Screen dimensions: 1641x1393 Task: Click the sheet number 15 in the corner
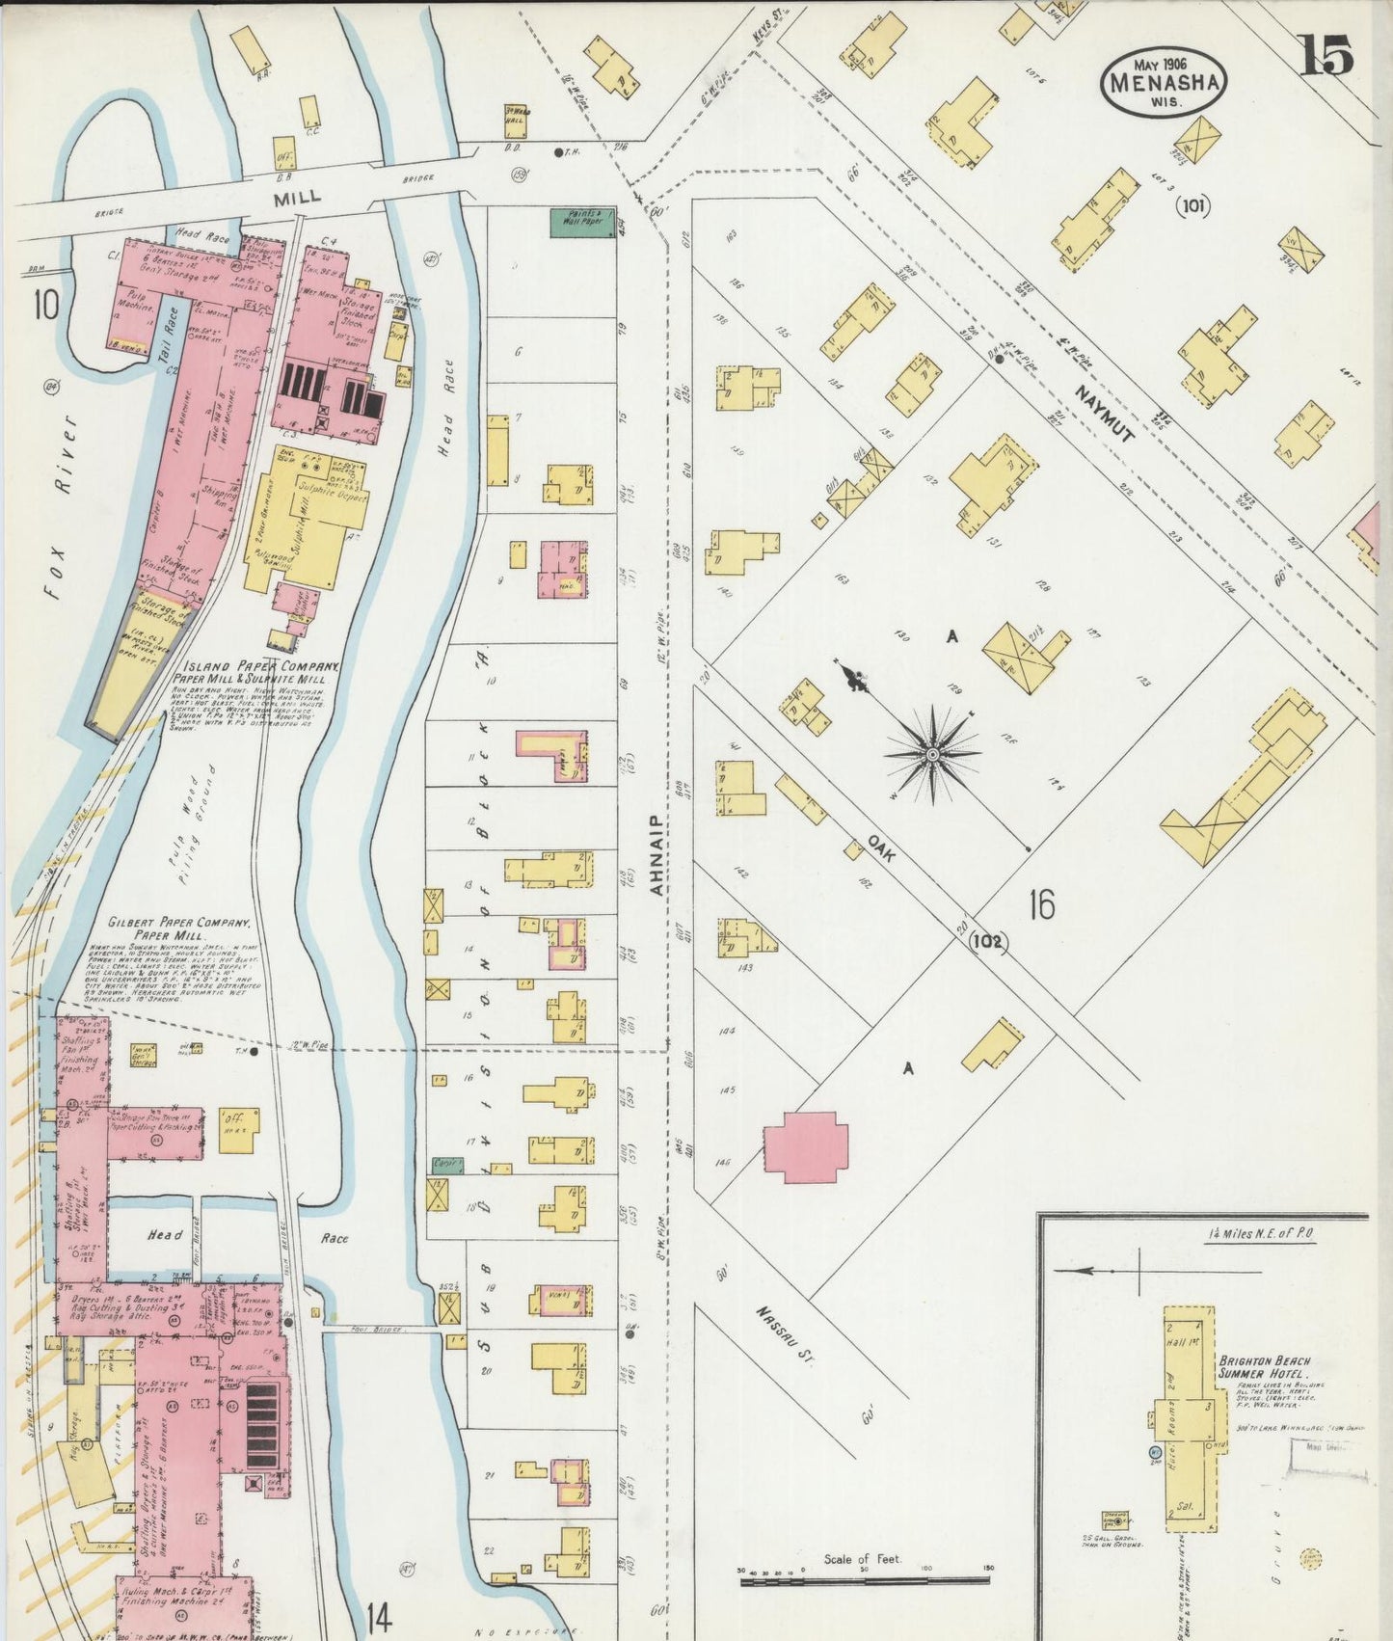click(1327, 56)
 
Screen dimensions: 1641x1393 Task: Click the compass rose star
click(932, 755)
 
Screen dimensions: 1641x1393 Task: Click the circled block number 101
click(1192, 205)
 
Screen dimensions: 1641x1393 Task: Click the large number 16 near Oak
click(1041, 904)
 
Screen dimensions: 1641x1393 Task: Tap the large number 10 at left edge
click(45, 306)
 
